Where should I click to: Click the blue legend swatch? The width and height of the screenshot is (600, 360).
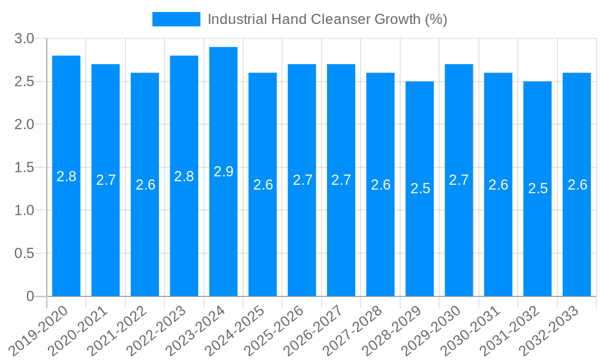176,19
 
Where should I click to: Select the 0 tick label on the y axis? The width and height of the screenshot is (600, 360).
31,296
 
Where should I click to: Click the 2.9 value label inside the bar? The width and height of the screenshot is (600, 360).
223,172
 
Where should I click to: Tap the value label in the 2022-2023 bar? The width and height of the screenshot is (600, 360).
184,176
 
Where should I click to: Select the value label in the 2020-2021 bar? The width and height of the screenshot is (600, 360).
106,180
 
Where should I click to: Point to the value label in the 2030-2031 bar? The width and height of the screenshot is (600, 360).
498,185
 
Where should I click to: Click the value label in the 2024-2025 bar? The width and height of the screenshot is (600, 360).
263,185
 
